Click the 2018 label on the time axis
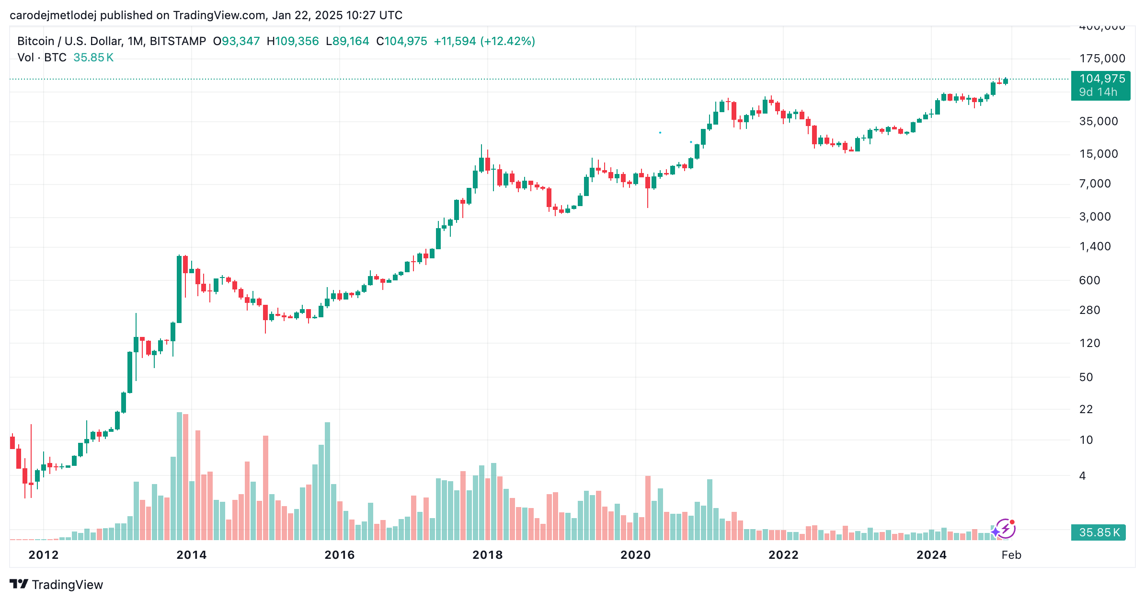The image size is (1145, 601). tap(487, 555)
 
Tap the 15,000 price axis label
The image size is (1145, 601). tap(1098, 154)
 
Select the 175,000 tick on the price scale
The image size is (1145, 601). tap(1102, 58)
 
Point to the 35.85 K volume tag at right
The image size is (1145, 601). tap(1099, 532)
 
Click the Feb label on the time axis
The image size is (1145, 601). tap(1011, 555)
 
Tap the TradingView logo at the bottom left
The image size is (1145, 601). tap(57, 585)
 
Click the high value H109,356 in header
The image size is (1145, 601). tap(293, 41)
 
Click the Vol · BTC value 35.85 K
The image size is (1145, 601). tap(93, 58)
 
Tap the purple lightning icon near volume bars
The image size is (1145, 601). tap(1004, 529)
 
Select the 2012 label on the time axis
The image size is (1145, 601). tap(44, 555)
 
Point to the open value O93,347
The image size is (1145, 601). tap(236, 41)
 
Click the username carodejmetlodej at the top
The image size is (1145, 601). tap(53, 15)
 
